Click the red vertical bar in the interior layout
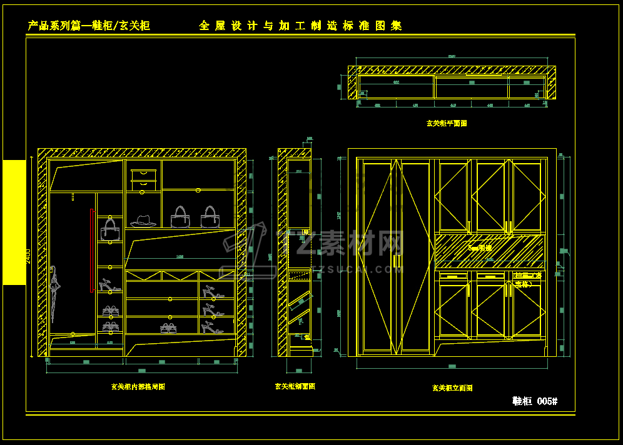[92, 250]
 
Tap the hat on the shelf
[143, 221]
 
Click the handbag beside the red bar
[110, 230]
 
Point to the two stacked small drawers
[143, 179]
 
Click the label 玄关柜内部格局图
[138, 387]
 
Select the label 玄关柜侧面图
[295, 386]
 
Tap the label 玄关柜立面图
[452, 387]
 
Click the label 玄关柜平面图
[447, 123]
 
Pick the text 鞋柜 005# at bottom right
[534, 401]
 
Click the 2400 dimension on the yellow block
[28, 256]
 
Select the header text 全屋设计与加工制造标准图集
[300, 26]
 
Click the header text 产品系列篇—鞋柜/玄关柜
[89, 26]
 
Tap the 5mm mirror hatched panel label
[480, 248]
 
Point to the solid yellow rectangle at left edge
[14, 222]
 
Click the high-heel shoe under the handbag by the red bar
[109, 286]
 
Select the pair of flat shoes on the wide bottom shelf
[168, 327]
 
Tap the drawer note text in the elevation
[529, 279]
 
